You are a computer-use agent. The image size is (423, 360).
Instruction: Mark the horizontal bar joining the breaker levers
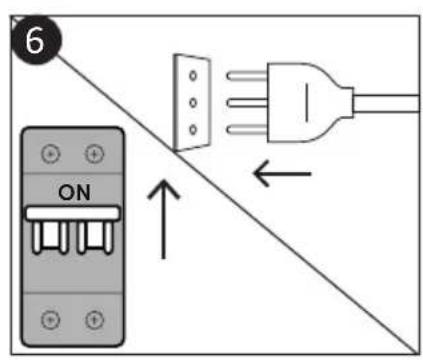coord(72,214)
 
